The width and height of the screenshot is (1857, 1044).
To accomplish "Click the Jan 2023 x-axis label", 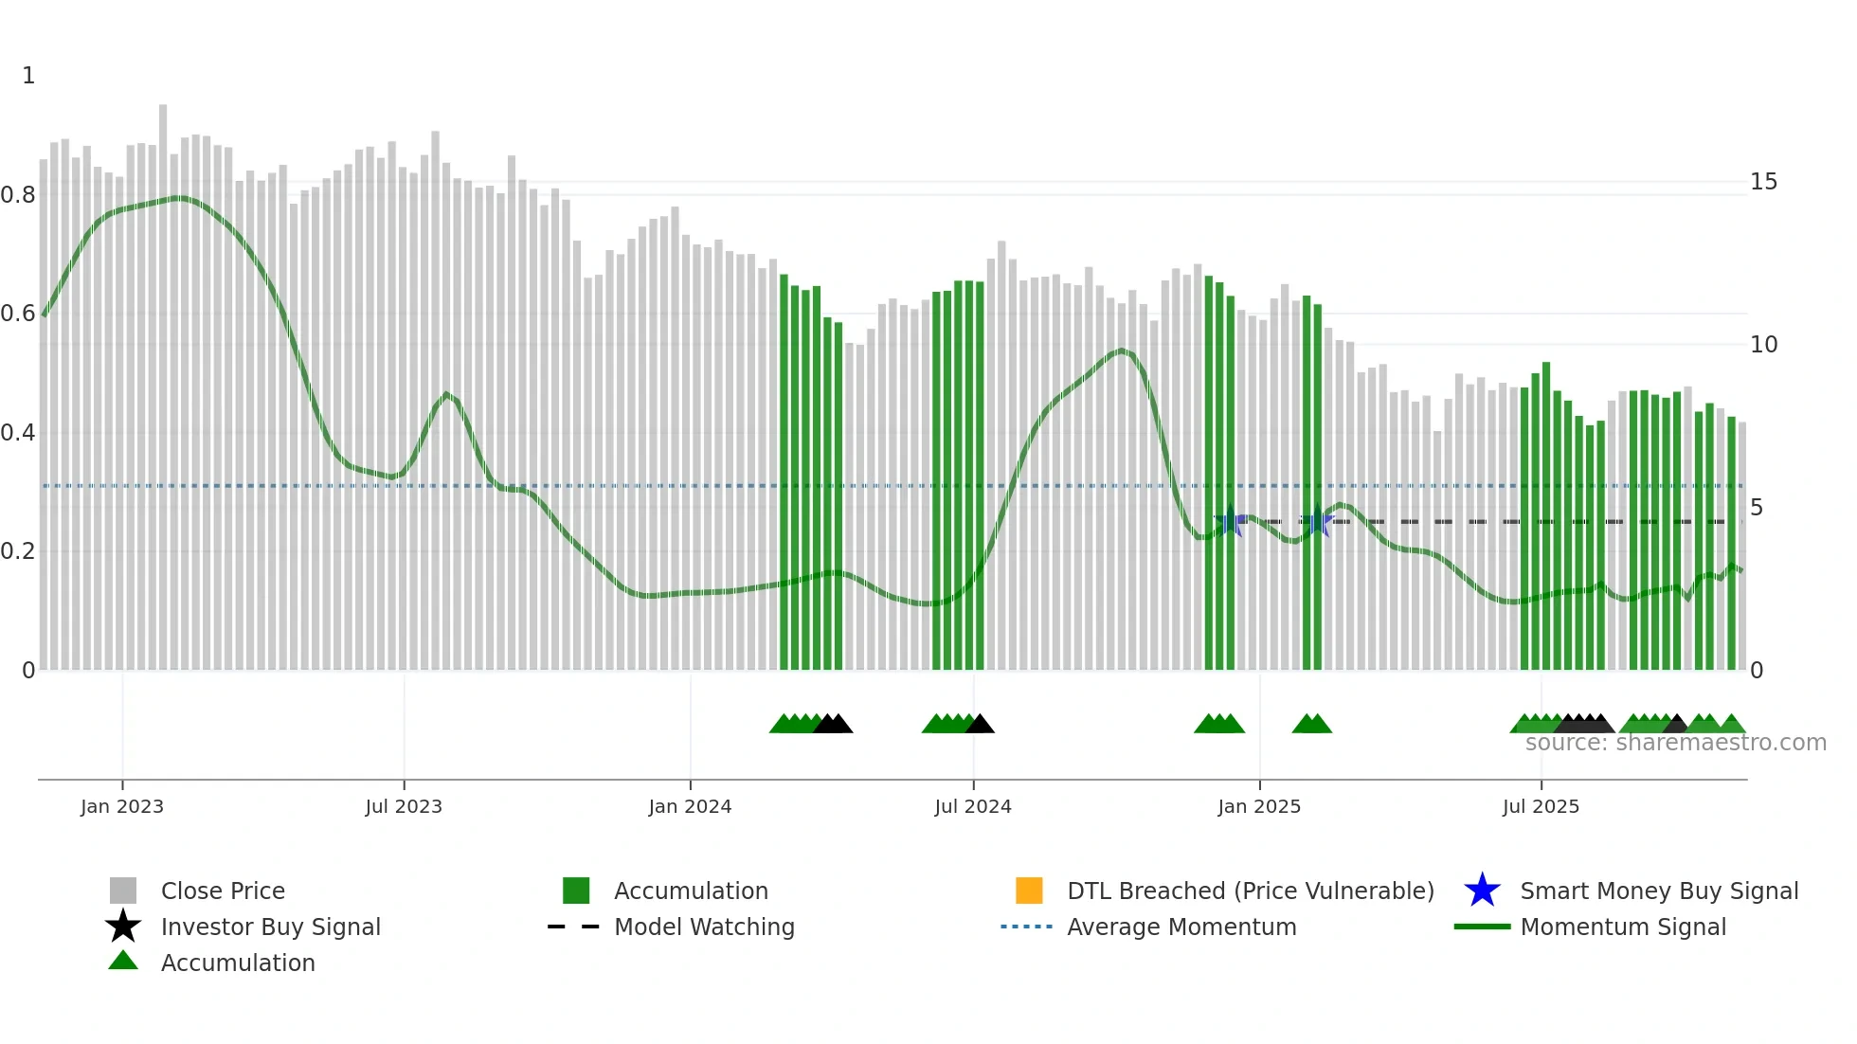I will click(x=121, y=806).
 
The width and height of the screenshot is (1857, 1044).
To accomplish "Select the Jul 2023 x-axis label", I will click(x=404, y=806).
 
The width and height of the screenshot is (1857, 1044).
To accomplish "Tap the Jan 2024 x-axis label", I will click(x=690, y=806).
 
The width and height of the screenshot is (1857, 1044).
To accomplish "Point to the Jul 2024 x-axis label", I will click(x=973, y=806).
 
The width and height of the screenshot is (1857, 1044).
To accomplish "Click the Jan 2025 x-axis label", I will click(x=1259, y=806).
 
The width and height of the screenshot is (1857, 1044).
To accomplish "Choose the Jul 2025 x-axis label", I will click(x=1541, y=806).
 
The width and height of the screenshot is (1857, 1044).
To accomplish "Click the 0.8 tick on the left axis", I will click(x=18, y=195).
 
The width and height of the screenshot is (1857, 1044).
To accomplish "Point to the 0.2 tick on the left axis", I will click(x=18, y=551).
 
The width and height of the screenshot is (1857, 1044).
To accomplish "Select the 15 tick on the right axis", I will click(x=1763, y=182).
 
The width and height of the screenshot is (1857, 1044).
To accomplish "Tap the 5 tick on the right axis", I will click(x=1757, y=508).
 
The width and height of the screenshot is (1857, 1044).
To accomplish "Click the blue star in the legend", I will click(x=1482, y=891).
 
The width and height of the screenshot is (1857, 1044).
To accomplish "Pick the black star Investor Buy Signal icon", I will click(x=123, y=927).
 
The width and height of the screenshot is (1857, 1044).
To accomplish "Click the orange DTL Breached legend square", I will click(x=1029, y=891).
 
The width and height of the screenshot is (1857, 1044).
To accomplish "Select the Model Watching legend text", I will click(x=704, y=927).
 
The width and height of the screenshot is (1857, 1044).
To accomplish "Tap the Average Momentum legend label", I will click(x=1181, y=927).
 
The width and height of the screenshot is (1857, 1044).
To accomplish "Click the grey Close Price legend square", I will click(x=123, y=891).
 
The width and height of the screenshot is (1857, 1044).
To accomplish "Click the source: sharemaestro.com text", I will click(x=1675, y=743).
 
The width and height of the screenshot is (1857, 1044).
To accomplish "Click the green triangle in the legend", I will click(x=123, y=962).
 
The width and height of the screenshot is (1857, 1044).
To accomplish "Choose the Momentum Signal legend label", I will click(x=1623, y=927).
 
